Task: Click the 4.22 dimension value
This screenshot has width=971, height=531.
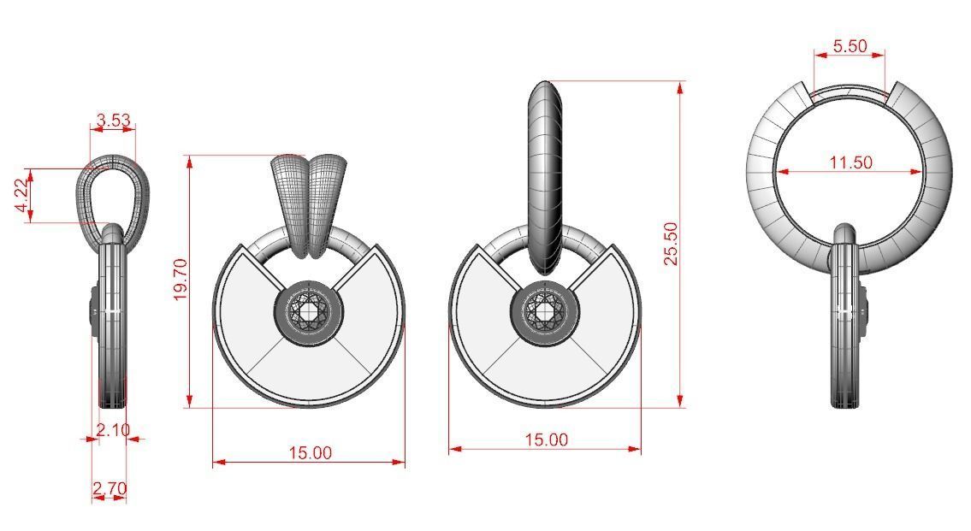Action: [21, 196]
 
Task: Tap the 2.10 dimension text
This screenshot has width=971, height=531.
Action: [112, 430]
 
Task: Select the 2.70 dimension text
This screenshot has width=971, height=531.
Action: [110, 489]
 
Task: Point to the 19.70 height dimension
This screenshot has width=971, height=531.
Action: [181, 280]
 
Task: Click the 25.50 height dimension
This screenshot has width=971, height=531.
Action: [672, 244]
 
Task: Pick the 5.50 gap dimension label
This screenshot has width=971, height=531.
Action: [850, 46]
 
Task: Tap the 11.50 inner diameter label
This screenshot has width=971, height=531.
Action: [850, 162]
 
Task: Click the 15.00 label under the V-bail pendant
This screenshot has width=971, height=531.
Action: [310, 452]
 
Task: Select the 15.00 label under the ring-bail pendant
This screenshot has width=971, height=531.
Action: [546, 440]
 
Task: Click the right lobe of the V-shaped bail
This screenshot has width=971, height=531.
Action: [328, 201]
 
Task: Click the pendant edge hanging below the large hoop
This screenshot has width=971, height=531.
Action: [847, 325]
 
